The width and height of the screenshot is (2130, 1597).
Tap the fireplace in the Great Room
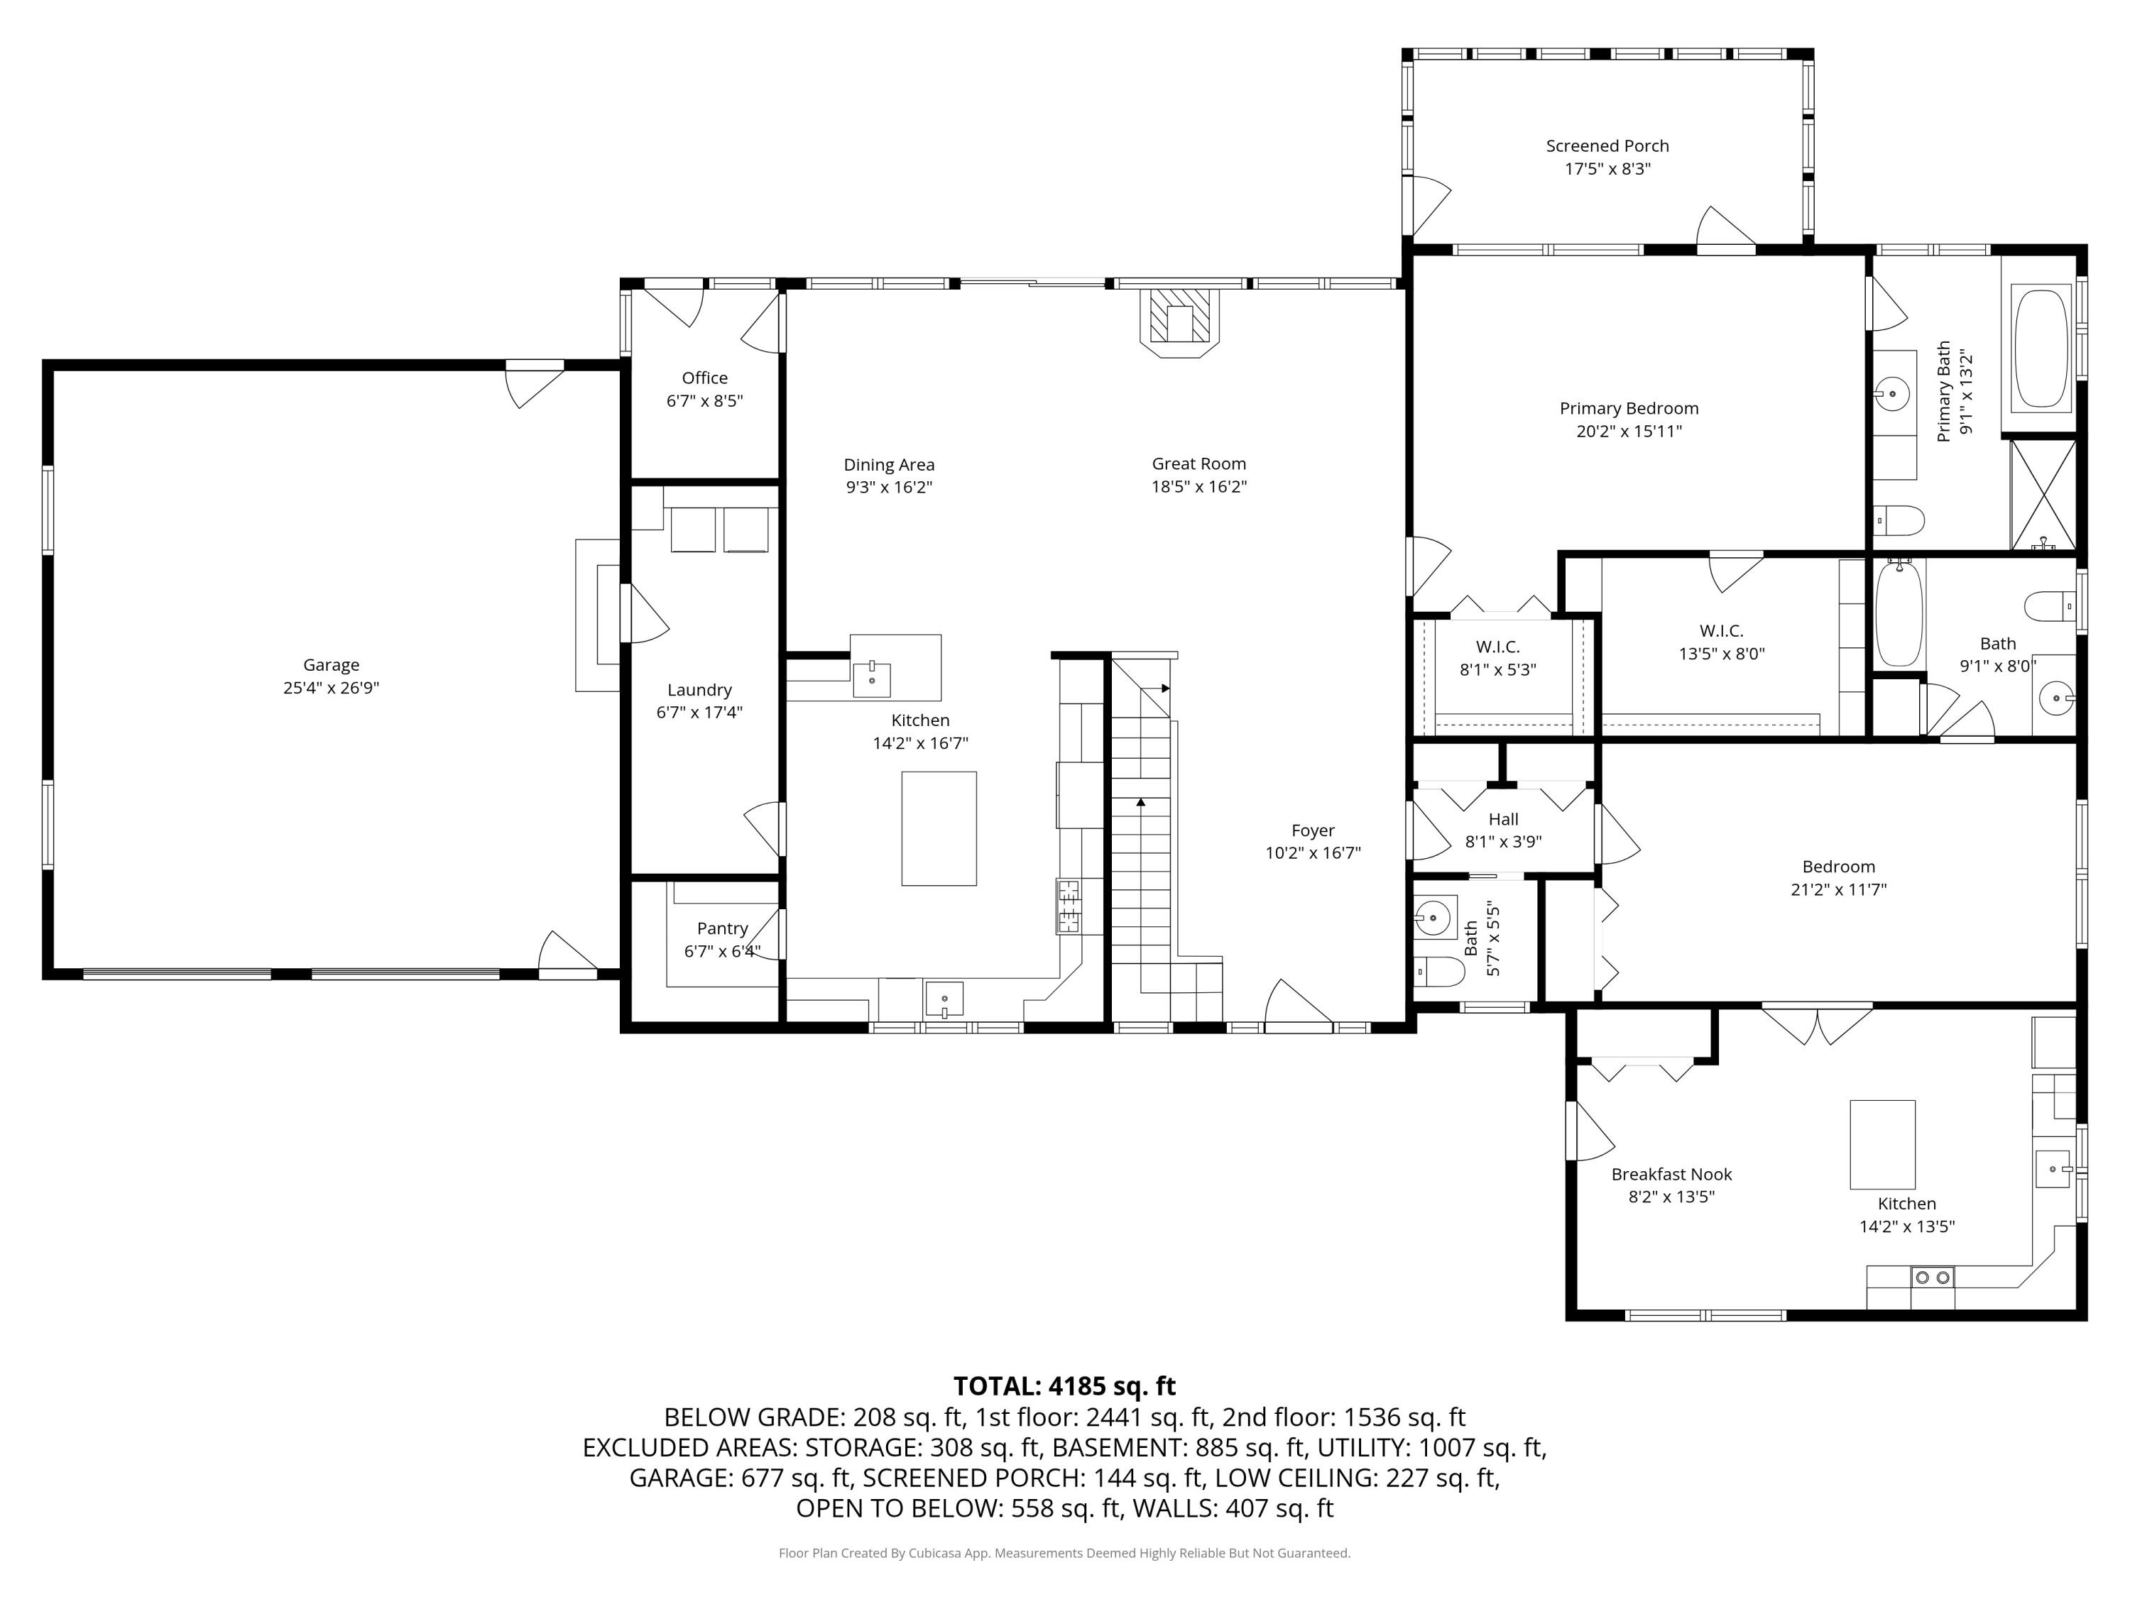tap(1179, 321)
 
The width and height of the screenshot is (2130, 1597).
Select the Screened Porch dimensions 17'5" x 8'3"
tap(1607, 168)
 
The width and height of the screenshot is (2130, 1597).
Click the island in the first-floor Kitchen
tap(938, 828)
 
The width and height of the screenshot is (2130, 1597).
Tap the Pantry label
tap(722, 928)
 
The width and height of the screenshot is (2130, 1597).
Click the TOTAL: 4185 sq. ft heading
tap(1064, 1385)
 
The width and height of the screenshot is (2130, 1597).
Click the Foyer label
tap(1313, 830)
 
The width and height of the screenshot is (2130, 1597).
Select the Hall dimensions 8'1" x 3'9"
tap(1503, 841)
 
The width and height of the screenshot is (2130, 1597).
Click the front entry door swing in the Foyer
tap(1295, 1006)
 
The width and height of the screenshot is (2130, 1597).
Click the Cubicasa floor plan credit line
tap(1064, 1553)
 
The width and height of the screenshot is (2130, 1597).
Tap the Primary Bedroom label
tap(1628, 408)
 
